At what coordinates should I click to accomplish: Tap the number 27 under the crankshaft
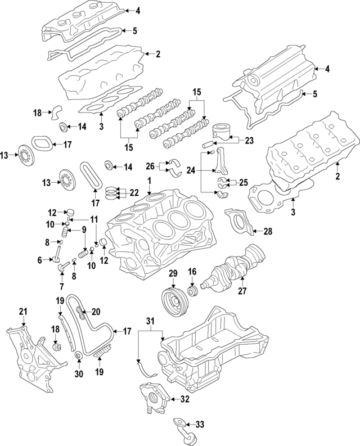(243, 291)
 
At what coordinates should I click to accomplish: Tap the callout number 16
(191, 272)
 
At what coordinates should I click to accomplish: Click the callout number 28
(268, 231)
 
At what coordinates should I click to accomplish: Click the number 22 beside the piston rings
(134, 192)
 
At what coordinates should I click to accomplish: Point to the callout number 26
(150, 166)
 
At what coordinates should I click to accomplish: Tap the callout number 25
(244, 183)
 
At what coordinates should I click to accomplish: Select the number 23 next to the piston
(250, 141)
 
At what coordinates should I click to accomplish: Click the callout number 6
(40, 260)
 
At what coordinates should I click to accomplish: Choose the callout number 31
(150, 321)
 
